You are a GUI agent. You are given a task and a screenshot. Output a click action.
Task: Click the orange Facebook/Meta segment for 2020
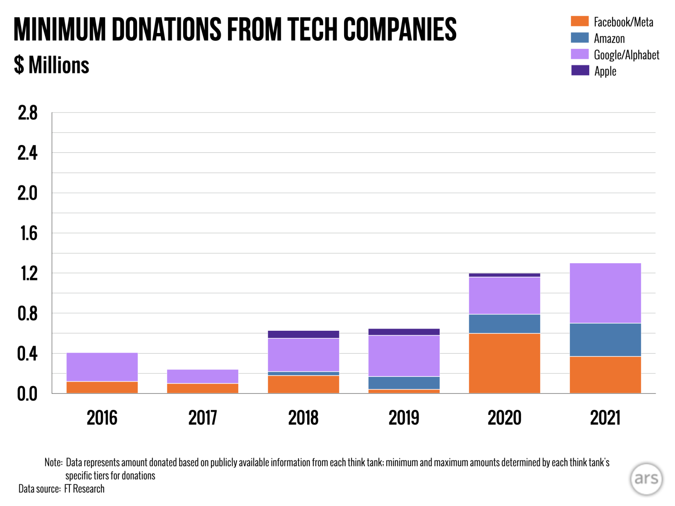coord(504,363)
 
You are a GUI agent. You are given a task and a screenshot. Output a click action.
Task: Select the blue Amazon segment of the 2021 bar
coord(605,340)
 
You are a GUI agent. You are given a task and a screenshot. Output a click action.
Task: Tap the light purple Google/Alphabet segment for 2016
coord(102,367)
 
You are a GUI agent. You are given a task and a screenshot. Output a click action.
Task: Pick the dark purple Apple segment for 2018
coord(303,334)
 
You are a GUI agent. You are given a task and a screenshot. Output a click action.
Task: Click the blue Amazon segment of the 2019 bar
coord(404,383)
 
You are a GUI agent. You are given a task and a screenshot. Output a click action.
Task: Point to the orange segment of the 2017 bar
coord(203,388)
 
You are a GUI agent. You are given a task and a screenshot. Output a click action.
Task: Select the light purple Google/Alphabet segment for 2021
coord(605,293)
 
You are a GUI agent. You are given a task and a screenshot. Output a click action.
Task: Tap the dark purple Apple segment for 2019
coord(404,332)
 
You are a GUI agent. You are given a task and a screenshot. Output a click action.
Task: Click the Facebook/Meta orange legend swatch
coord(580,21)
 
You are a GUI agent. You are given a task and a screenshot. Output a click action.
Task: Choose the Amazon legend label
coord(609,39)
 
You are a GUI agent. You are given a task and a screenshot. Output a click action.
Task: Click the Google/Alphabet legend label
coord(626,55)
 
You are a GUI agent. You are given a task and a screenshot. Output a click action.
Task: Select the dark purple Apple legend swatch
coord(580,70)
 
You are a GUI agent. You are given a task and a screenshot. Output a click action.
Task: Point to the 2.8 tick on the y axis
coord(28,113)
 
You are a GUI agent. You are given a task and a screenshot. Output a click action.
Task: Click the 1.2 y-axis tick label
coord(29,274)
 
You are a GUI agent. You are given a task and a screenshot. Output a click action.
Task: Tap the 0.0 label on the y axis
coord(27,394)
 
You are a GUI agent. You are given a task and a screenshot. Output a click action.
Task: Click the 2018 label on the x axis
coord(303,418)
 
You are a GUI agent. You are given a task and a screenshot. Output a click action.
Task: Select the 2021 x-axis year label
coord(605,418)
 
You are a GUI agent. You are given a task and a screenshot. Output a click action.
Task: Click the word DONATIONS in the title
coord(167,30)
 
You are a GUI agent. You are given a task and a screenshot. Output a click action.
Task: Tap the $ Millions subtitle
coord(51,65)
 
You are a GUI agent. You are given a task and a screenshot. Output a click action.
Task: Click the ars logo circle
coord(646,479)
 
